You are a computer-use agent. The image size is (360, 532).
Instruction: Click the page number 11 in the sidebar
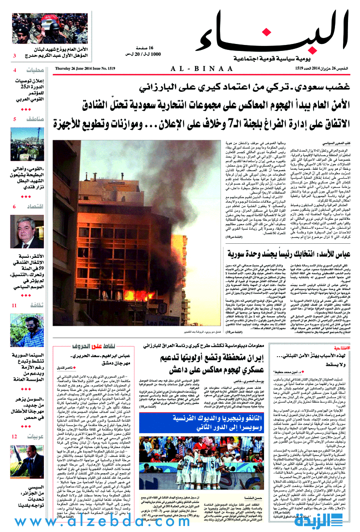point(15,305)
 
